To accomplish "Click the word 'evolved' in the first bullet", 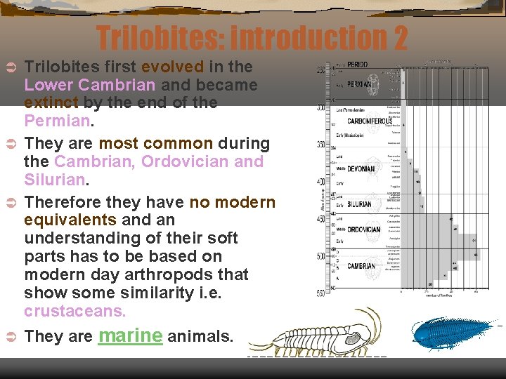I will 173,67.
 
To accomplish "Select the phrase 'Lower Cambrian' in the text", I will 89,85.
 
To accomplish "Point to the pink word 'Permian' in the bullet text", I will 56,121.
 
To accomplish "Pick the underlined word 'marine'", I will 130,335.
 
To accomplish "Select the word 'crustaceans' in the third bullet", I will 74,310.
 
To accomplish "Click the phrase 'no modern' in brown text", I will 233,202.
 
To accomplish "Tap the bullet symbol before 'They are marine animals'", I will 11,337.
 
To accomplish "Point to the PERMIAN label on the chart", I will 361,84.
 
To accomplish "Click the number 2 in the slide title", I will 400,38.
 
